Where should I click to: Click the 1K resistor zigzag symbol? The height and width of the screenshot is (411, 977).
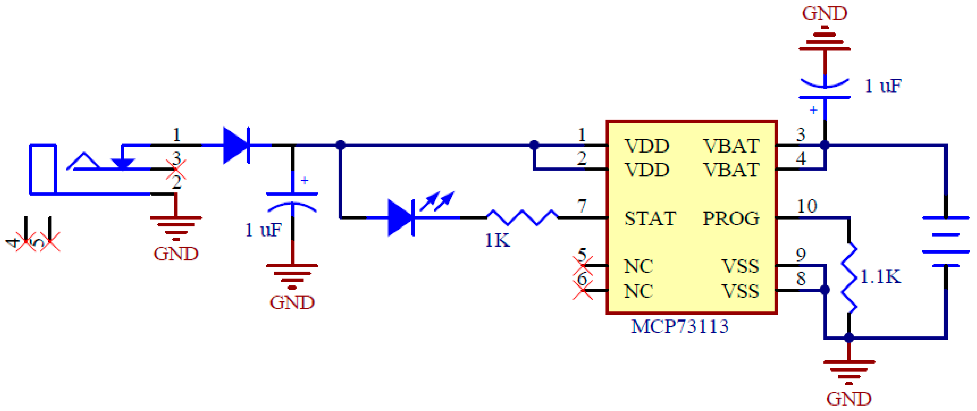point(522,218)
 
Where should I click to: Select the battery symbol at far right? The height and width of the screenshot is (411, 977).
point(946,242)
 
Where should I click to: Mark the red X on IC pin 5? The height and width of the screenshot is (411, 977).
point(582,265)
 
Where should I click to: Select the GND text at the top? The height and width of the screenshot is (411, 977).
point(824,14)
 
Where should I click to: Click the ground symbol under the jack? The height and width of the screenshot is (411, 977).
point(175,228)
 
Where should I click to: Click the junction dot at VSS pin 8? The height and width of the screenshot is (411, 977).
point(825,290)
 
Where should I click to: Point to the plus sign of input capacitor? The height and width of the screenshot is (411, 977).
point(304,180)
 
